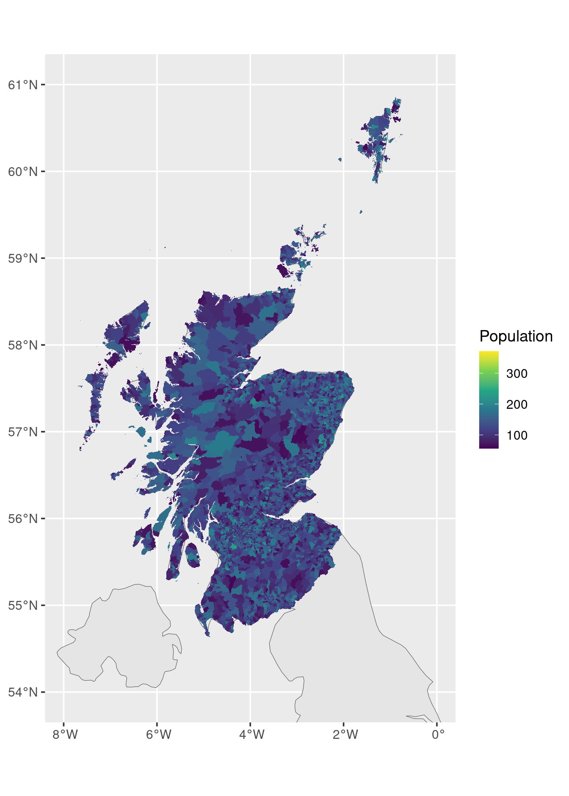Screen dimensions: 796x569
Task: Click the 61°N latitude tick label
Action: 23,85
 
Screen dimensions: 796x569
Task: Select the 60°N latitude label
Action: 23,172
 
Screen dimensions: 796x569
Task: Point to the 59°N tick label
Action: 23,258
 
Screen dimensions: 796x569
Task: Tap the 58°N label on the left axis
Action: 23,345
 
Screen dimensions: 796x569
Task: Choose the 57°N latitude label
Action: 23,432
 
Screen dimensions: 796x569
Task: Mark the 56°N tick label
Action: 23,519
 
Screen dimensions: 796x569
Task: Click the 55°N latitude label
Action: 23,606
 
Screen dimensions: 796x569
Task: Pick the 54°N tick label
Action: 23,692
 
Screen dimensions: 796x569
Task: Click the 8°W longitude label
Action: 65,734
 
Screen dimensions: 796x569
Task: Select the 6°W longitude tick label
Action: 158,734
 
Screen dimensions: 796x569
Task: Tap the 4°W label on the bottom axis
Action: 251,734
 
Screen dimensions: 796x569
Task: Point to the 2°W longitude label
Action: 345,734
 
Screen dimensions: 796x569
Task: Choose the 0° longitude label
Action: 438,734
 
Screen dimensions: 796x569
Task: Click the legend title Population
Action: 516,336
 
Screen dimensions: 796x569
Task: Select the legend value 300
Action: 517,374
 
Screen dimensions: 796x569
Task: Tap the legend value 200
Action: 517,405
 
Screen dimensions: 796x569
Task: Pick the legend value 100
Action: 517,435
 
